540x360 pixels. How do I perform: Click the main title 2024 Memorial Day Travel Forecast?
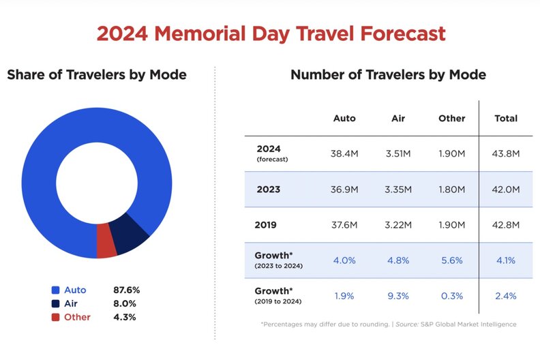271,33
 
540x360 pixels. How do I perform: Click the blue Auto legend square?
55,290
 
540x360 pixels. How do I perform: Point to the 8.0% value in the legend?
125,303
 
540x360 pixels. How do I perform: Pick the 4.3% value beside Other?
125,317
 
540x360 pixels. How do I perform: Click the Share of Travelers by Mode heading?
97,74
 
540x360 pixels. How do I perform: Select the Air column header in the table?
398,118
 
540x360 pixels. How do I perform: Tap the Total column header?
506,118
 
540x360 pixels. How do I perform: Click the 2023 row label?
268,189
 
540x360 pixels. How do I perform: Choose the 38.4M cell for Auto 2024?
344,153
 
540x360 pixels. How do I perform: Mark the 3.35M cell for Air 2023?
398,189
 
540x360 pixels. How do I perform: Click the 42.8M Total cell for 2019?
506,224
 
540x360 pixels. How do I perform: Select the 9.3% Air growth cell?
398,295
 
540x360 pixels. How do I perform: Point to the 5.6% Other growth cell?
451,260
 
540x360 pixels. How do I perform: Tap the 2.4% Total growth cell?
506,295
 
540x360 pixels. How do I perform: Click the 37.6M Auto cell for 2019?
344,224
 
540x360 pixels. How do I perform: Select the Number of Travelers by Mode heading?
388,74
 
